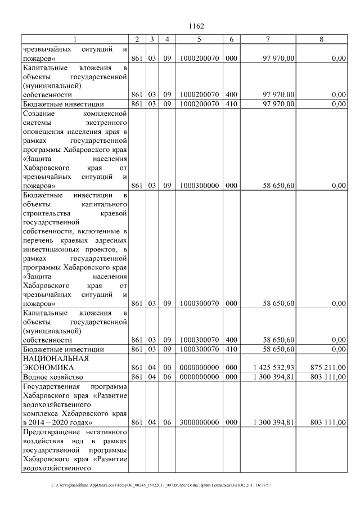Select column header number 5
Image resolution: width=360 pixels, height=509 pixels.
coord(200,39)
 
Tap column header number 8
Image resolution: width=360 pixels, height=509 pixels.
coord(321,39)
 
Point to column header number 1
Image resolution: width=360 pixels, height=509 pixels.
coord(75,39)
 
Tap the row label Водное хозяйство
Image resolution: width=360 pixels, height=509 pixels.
coord(53,376)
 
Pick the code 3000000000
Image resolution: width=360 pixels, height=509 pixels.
coord(200,422)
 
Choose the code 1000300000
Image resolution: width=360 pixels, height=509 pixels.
coord(200,185)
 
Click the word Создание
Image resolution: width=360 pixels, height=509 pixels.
coord(39,114)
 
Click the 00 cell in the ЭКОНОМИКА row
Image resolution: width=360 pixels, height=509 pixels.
coord(167,367)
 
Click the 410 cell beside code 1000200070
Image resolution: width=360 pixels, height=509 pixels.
coord(231,104)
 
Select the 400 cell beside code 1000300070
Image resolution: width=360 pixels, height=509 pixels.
coord(231,340)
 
